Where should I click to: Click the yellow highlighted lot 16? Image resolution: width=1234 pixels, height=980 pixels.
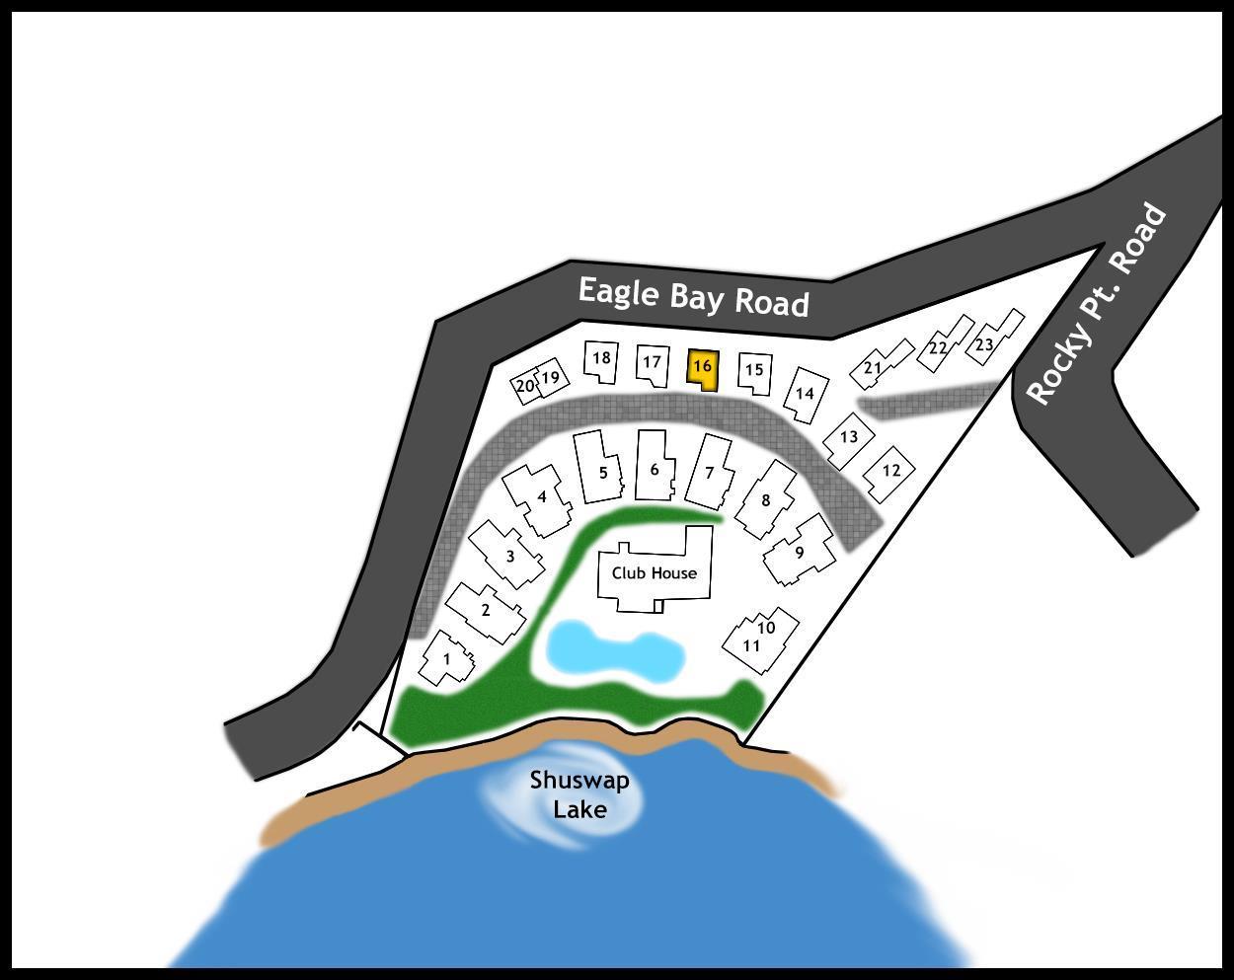pos(703,370)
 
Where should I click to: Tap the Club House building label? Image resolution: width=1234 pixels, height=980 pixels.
pos(655,572)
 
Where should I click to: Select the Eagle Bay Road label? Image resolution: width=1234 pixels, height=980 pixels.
pos(693,296)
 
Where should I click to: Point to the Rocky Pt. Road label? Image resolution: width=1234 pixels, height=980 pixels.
pos(1095,305)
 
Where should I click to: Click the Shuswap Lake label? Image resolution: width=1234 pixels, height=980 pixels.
pos(579,794)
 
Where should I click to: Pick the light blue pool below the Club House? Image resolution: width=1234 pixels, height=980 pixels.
pos(615,650)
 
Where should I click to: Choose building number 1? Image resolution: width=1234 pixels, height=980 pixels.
pos(447,657)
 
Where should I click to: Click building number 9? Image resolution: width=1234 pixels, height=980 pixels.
pos(799,550)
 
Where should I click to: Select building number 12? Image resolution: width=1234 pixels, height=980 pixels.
pos(889,473)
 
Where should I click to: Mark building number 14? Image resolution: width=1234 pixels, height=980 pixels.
pos(806,395)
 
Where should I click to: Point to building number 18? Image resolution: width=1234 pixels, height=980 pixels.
pos(601,361)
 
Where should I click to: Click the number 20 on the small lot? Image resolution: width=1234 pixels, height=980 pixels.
pos(524,386)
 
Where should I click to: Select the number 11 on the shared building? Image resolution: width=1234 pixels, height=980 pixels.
pos(751,645)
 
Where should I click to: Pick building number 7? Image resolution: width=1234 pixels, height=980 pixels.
pos(710,473)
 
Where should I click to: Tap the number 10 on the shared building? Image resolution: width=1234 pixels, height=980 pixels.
pos(766,628)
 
